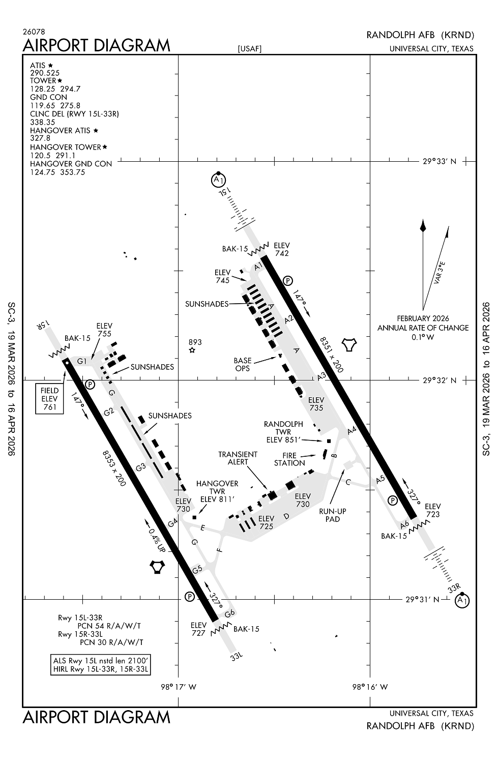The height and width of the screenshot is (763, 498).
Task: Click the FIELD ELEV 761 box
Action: pos(50,399)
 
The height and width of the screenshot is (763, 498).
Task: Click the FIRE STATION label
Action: pos(289,459)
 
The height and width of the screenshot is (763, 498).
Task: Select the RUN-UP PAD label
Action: pos(329,515)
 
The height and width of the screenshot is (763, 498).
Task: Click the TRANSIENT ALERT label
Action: pos(238,458)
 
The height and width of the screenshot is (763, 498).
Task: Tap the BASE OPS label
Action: pos(243,364)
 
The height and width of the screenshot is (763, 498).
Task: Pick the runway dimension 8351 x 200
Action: pos(332,354)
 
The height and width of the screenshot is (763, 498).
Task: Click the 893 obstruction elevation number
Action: pos(195,342)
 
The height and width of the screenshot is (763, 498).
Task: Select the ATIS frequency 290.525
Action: pos(45,73)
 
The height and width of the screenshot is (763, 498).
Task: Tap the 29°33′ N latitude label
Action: pos(440,162)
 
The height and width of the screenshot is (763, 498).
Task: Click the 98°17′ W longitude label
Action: pos(179,687)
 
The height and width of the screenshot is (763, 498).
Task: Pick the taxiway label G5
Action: pos(197,569)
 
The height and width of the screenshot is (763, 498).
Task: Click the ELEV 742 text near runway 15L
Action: pos(282,249)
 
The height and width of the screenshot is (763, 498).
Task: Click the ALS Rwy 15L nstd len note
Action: pos(101,661)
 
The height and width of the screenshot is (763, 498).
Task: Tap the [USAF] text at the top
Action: pos(249,49)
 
